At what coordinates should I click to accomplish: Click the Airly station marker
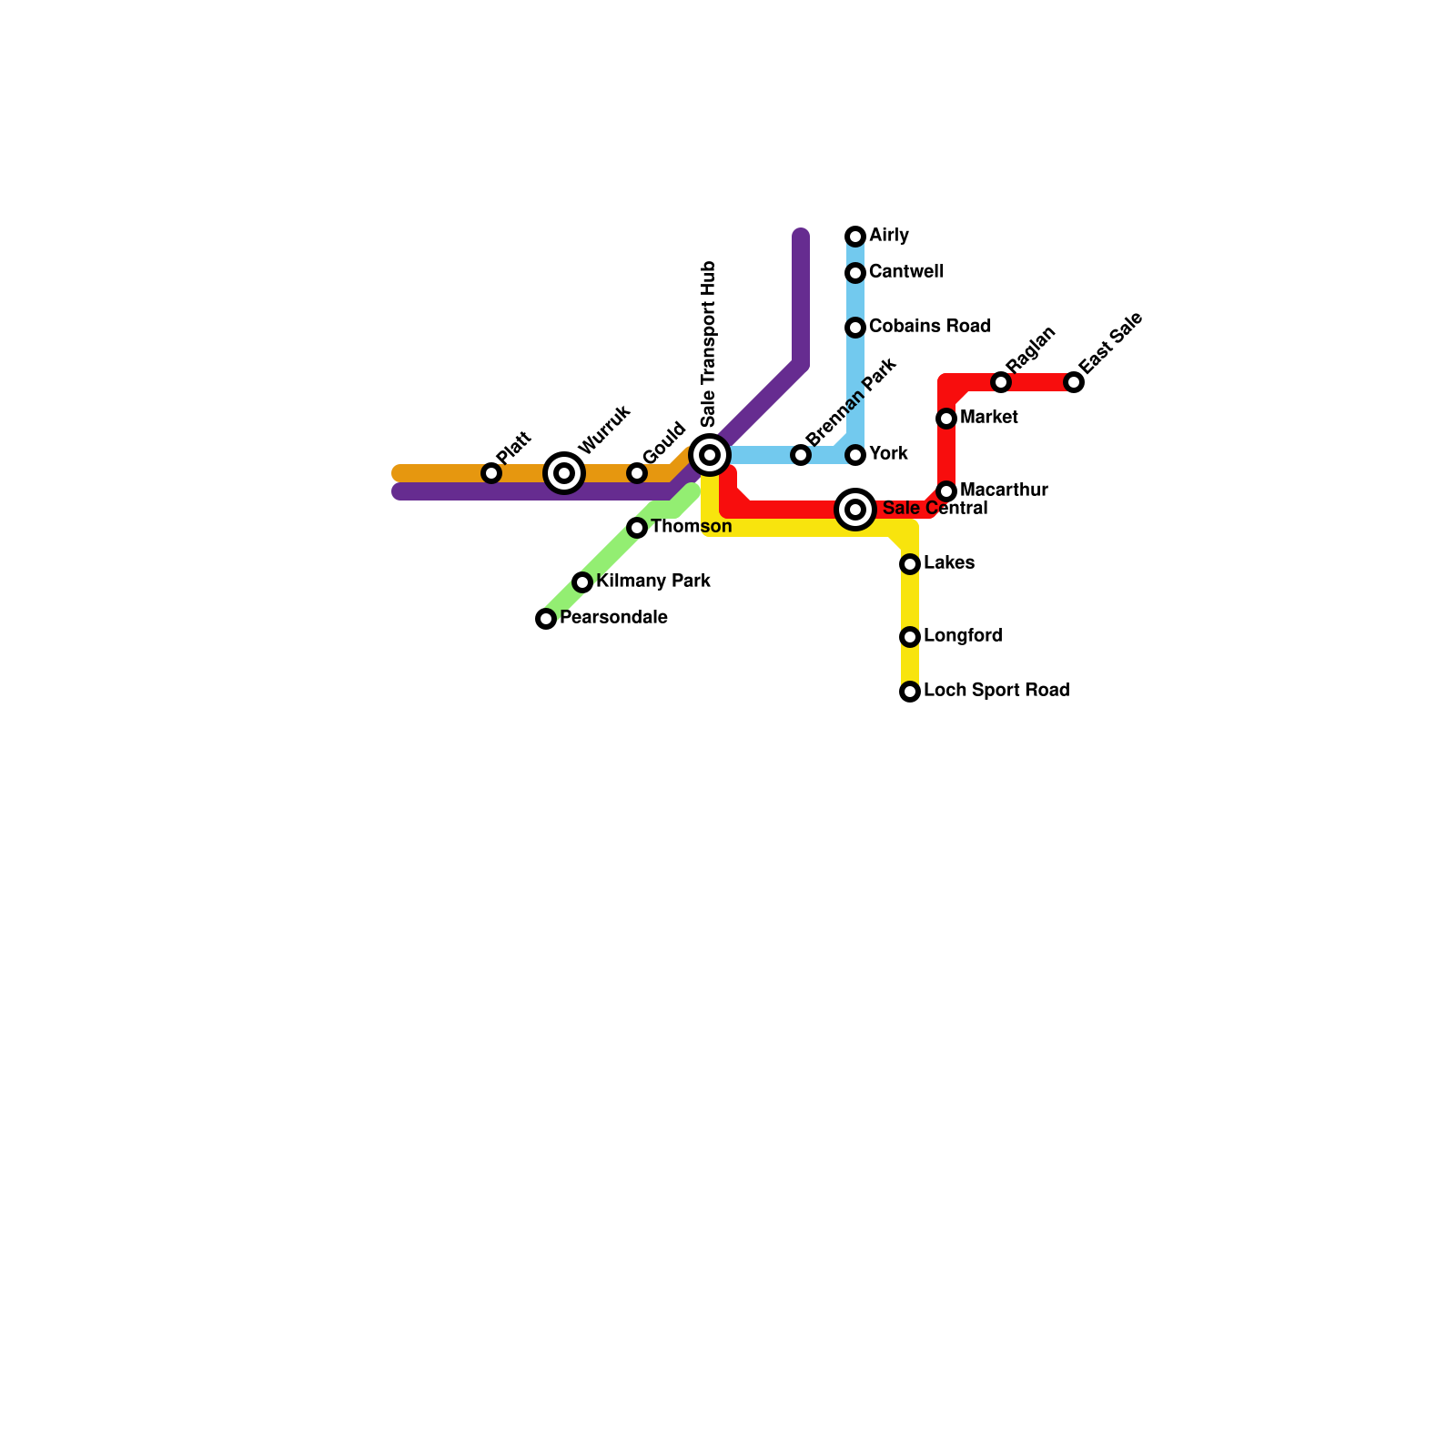pos(855,237)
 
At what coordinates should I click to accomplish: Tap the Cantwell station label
pos(905,272)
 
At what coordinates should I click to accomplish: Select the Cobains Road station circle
pos(855,328)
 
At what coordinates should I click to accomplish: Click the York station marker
pos(855,455)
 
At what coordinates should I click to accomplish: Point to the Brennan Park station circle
pos(801,455)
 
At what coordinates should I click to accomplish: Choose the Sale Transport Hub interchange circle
pos(710,455)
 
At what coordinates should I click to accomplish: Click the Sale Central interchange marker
pos(855,510)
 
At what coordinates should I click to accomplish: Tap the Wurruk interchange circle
pos(564,473)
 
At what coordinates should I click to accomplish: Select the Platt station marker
pos(491,473)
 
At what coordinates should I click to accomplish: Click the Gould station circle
pos(637,473)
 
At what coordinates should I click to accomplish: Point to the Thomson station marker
pos(637,528)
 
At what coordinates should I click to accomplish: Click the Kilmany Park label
pos(652,581)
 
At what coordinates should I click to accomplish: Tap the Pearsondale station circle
pos(546,619)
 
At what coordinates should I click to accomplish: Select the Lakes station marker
pos(910,564)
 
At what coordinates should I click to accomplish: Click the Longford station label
pos(962,636)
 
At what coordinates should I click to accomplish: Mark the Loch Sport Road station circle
pos(910,692)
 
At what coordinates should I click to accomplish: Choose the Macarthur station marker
pos(946,491)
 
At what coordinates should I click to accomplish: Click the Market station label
pos(988,418)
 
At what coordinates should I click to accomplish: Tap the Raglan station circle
pos(1001,382)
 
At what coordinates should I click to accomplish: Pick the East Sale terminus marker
pos(1074,382)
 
